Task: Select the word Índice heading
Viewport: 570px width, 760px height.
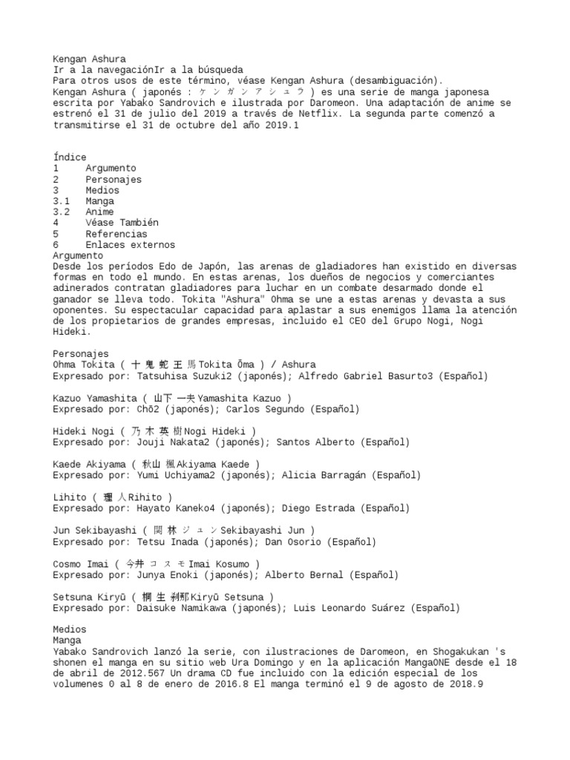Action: (x=69, y=157)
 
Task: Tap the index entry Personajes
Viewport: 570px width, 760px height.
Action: (x=113, y=179)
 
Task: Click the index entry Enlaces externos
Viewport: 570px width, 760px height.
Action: (x=130, y=244)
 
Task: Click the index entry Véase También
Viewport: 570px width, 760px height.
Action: (x=122, y=223)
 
